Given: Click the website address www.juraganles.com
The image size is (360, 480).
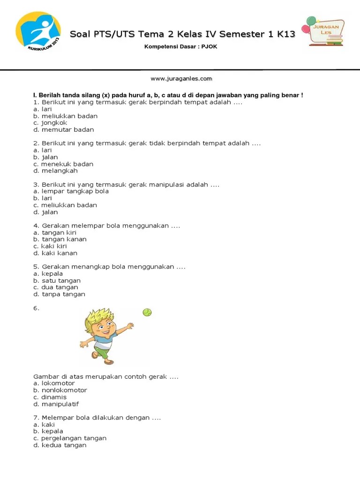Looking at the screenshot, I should pos(181,79).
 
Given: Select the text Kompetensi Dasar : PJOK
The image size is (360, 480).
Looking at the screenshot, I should pos(180,47).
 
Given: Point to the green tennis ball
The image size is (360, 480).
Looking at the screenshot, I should pos(147,312).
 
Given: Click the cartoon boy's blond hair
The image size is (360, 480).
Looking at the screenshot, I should pos(99,318).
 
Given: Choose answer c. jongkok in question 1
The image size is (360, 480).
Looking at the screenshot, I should pos(50,123).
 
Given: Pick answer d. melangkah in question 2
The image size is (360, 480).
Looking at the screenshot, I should pos(55,171).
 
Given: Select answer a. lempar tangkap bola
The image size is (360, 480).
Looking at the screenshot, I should pos(71,191).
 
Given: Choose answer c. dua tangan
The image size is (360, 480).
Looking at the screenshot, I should pos(56,287).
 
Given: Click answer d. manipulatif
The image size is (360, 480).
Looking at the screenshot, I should pos(56,404).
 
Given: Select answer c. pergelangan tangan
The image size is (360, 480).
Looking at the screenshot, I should pos(70,438).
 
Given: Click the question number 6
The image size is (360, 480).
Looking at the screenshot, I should pos(37,308).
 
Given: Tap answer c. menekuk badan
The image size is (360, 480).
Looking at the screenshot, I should pos(63,164).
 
